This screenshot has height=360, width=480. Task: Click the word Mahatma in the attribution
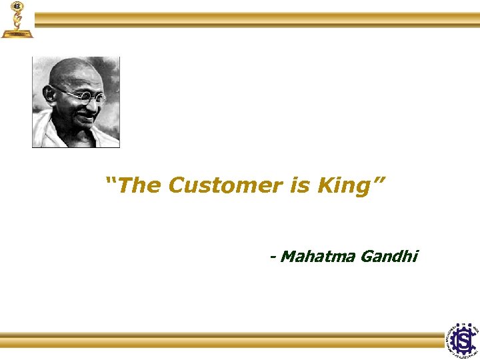(317, 256)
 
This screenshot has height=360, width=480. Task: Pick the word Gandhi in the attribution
(389, 256)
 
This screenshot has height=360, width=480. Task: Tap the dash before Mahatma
(272, 257)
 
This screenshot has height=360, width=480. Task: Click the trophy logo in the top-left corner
(17, 19)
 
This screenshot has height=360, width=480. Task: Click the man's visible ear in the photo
(51, 95)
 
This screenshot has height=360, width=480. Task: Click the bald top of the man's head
(73, 68)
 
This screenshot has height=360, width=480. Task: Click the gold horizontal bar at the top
(257, 19)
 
